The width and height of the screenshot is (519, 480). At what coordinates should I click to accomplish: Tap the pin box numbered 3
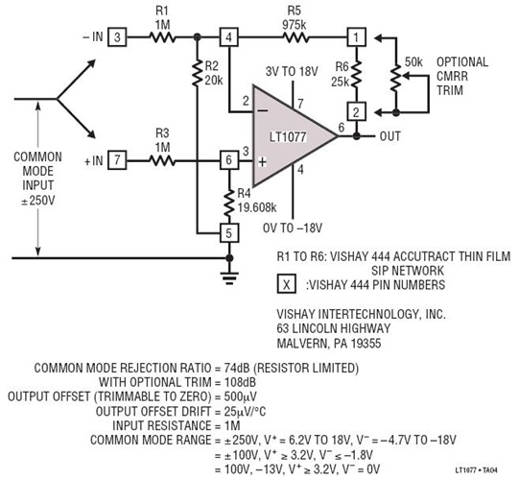click(115, 37)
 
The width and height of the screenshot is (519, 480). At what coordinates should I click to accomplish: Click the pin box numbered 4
click(228, 37)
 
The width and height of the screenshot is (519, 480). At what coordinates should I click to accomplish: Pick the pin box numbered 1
click(356, 37)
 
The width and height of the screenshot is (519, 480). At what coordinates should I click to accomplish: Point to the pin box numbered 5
click(228, 231)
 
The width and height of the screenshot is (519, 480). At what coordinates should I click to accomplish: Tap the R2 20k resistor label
click(211, 74)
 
